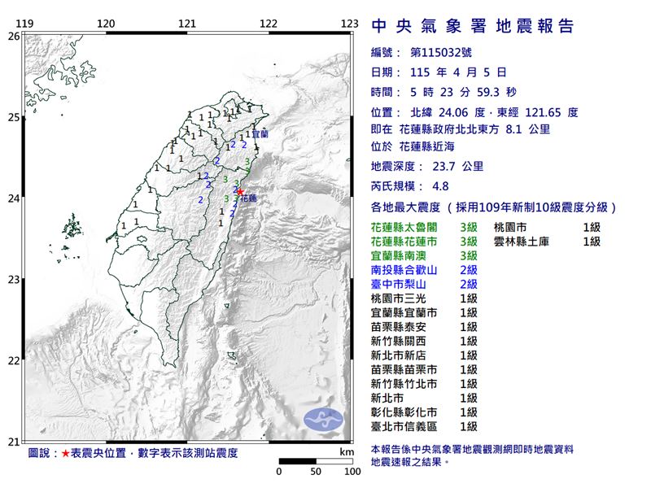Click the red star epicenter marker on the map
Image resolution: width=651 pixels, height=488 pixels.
click(x=240, y=191)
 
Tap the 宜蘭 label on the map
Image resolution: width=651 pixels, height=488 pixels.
click(x=260, y=133)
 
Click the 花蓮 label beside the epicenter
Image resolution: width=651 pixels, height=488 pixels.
click(x=250, y=198)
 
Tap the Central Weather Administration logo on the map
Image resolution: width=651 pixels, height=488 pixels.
click(x=324, y=420)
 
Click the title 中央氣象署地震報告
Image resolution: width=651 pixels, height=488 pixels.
click(x=473, y=27)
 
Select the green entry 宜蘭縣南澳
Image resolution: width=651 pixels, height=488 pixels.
click(x=403, y=255)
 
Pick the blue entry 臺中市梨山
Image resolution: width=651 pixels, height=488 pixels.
click(x=403, y=284)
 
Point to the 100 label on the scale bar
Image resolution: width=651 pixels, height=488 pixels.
click(x=352, y=472)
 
